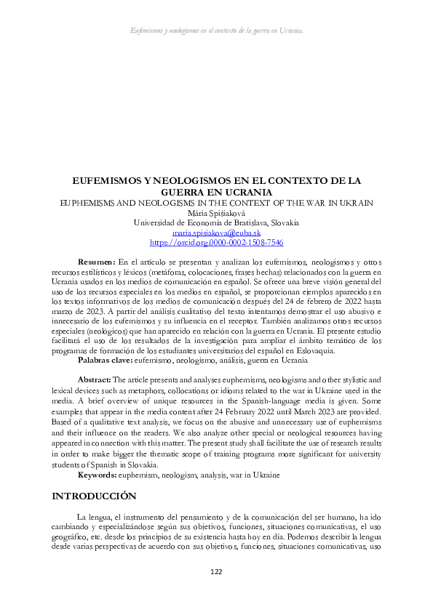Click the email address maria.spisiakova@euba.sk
point(216,233)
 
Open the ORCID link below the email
point(216,243)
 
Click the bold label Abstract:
point(94,379)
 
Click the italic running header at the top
point(216,31)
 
